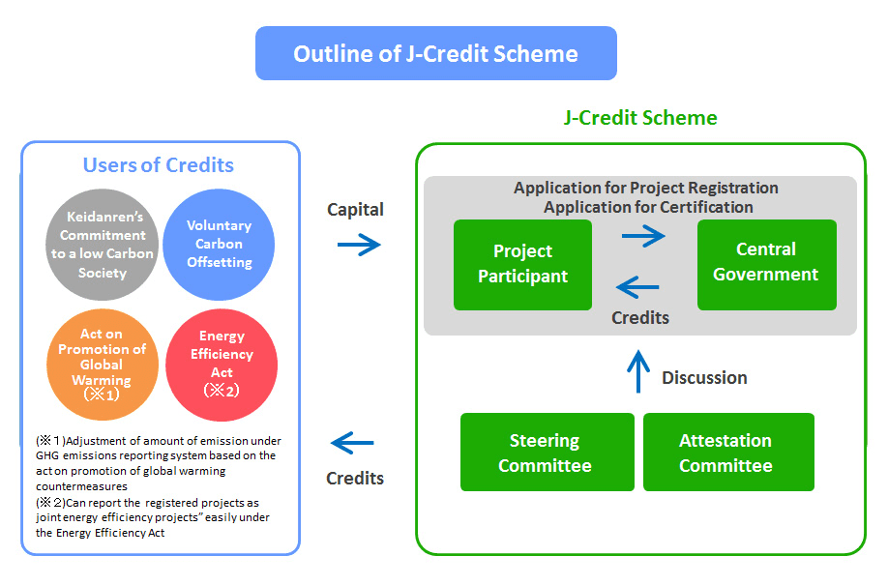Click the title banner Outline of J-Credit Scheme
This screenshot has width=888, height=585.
pos(435,53)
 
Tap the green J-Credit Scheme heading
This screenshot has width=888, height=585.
pos(640,118)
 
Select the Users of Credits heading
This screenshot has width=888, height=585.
pos(159,164)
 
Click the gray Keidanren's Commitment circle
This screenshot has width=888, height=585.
pos(102,245)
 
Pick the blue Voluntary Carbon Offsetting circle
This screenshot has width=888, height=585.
pos(220,244)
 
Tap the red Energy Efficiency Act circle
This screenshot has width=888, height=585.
pos(222,363)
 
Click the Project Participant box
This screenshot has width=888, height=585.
pos(522,264)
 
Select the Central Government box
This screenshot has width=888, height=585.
pos(766,263)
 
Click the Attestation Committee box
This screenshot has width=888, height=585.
pos(726,453)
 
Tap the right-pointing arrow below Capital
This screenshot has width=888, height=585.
pos(359,245)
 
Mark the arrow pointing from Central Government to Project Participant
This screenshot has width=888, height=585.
pos(638,286)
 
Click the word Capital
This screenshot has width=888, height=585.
pos(355,210)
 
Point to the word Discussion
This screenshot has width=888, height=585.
pos(704,378)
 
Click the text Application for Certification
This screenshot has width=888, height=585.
pos(648,206)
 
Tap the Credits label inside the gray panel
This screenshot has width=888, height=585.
pos(640,317)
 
